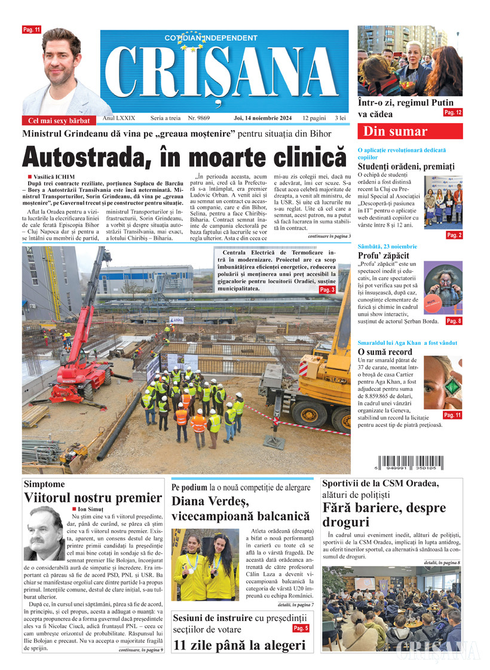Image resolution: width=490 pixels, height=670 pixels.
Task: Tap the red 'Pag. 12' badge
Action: point(452,112)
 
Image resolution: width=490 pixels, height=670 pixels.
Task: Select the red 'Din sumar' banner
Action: point(409,131)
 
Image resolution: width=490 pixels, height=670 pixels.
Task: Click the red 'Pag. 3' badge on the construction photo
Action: point(327,290)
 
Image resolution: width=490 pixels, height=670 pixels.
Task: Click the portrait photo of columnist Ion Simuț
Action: point(45,533)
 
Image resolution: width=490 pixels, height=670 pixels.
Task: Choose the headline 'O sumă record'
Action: point(385,352)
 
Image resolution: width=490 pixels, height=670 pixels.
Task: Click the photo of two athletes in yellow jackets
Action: point(205,564)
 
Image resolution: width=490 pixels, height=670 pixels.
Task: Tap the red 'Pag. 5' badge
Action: point(301,628)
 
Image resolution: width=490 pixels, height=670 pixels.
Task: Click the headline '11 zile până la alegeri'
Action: point(239,645)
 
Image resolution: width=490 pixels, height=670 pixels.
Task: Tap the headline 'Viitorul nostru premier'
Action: point(93,498)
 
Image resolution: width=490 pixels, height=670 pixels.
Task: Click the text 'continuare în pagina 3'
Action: point(329,237)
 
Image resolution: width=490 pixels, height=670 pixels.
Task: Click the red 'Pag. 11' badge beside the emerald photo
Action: point(452,415)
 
